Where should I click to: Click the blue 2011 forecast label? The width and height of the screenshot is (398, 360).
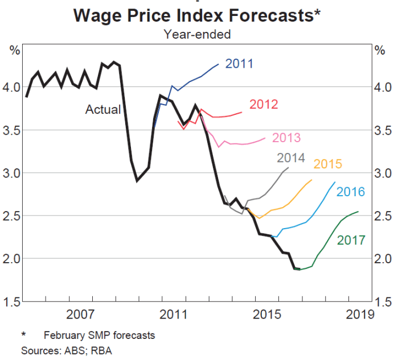tap(239, 64)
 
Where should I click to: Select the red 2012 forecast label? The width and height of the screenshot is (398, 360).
tap(263, 105)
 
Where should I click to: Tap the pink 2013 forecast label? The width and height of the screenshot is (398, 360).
tap(286, 138)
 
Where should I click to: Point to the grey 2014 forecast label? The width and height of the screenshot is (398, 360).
tap(291, 159)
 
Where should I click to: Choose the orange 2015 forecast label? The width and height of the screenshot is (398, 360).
tap(327, 165)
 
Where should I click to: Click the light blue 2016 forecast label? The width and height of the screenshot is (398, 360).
tap(350, 192)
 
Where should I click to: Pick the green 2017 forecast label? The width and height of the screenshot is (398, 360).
tap(351, 241)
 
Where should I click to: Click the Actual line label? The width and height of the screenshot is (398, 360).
tap(103, 109)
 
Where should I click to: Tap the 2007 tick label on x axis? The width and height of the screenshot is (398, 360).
tap(80, 314)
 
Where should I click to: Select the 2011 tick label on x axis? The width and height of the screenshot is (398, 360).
tap(173, 314)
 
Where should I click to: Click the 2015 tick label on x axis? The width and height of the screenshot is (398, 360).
tap(266, 314)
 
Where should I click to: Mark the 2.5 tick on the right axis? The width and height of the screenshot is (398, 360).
tap(384, 216)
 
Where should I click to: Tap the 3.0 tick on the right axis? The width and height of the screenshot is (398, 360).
tap(384, 173)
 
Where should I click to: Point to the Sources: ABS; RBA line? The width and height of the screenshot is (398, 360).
tap(67, 350)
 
